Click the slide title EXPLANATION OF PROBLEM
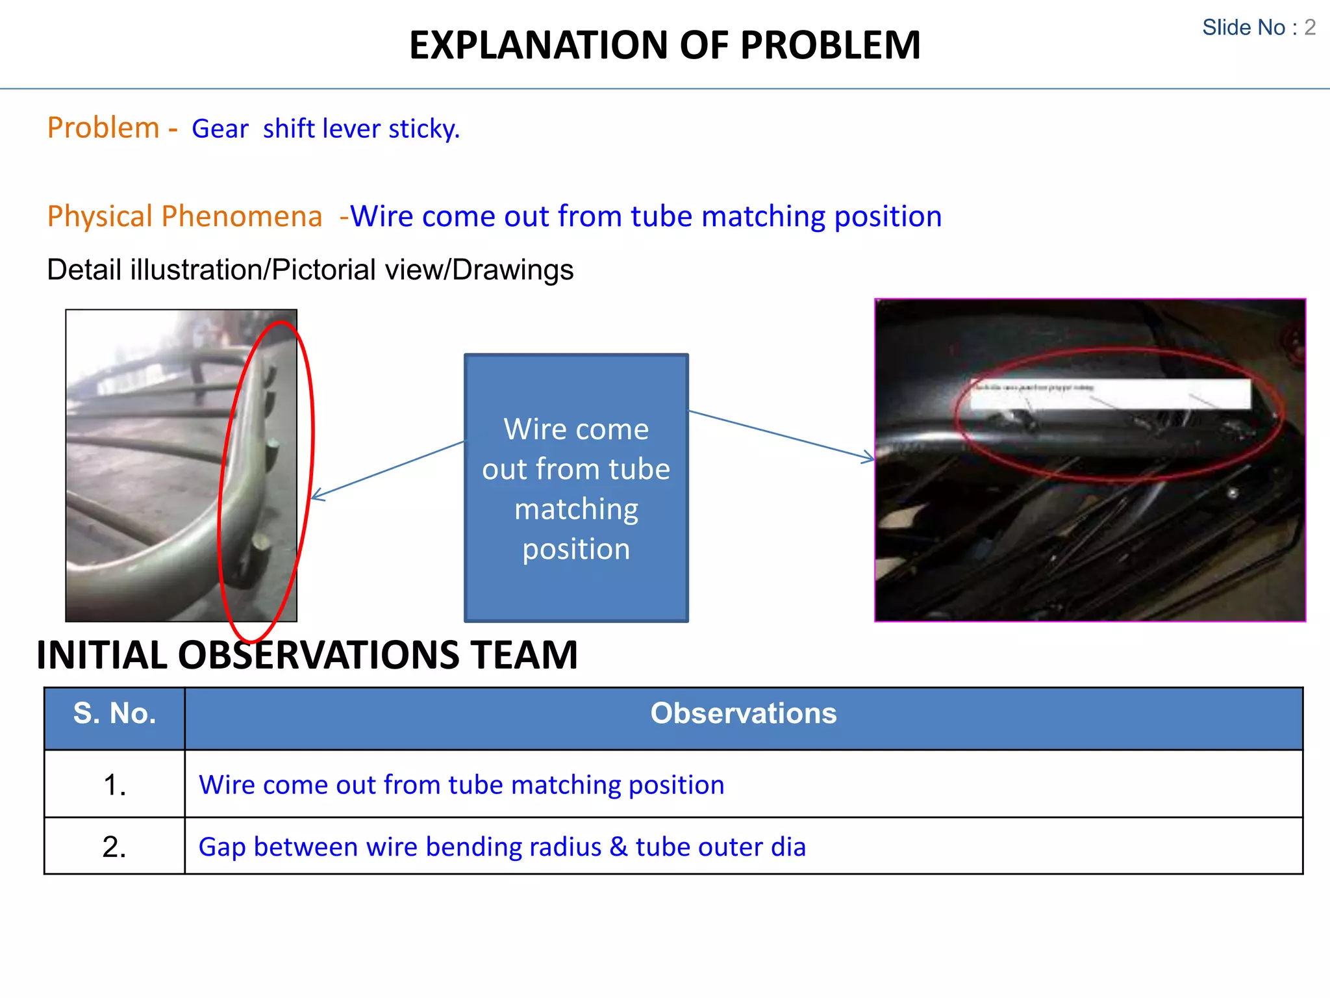coord(664,45)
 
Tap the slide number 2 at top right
coord(1310,27)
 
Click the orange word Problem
coord(104,127)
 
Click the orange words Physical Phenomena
coord(184,216)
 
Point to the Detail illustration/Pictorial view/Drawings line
coord(310,270)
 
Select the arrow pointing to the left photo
coord(387,470)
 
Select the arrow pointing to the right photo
coord(781,435)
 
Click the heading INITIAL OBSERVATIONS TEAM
coord(307,654)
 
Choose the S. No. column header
coord(114,714)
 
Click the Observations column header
coord(744,714)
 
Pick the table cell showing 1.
coord(114,785)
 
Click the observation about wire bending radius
coord(501,847)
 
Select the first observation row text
coord(461,785)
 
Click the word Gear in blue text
coord(220,129)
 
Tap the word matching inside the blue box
coord(576,509)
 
